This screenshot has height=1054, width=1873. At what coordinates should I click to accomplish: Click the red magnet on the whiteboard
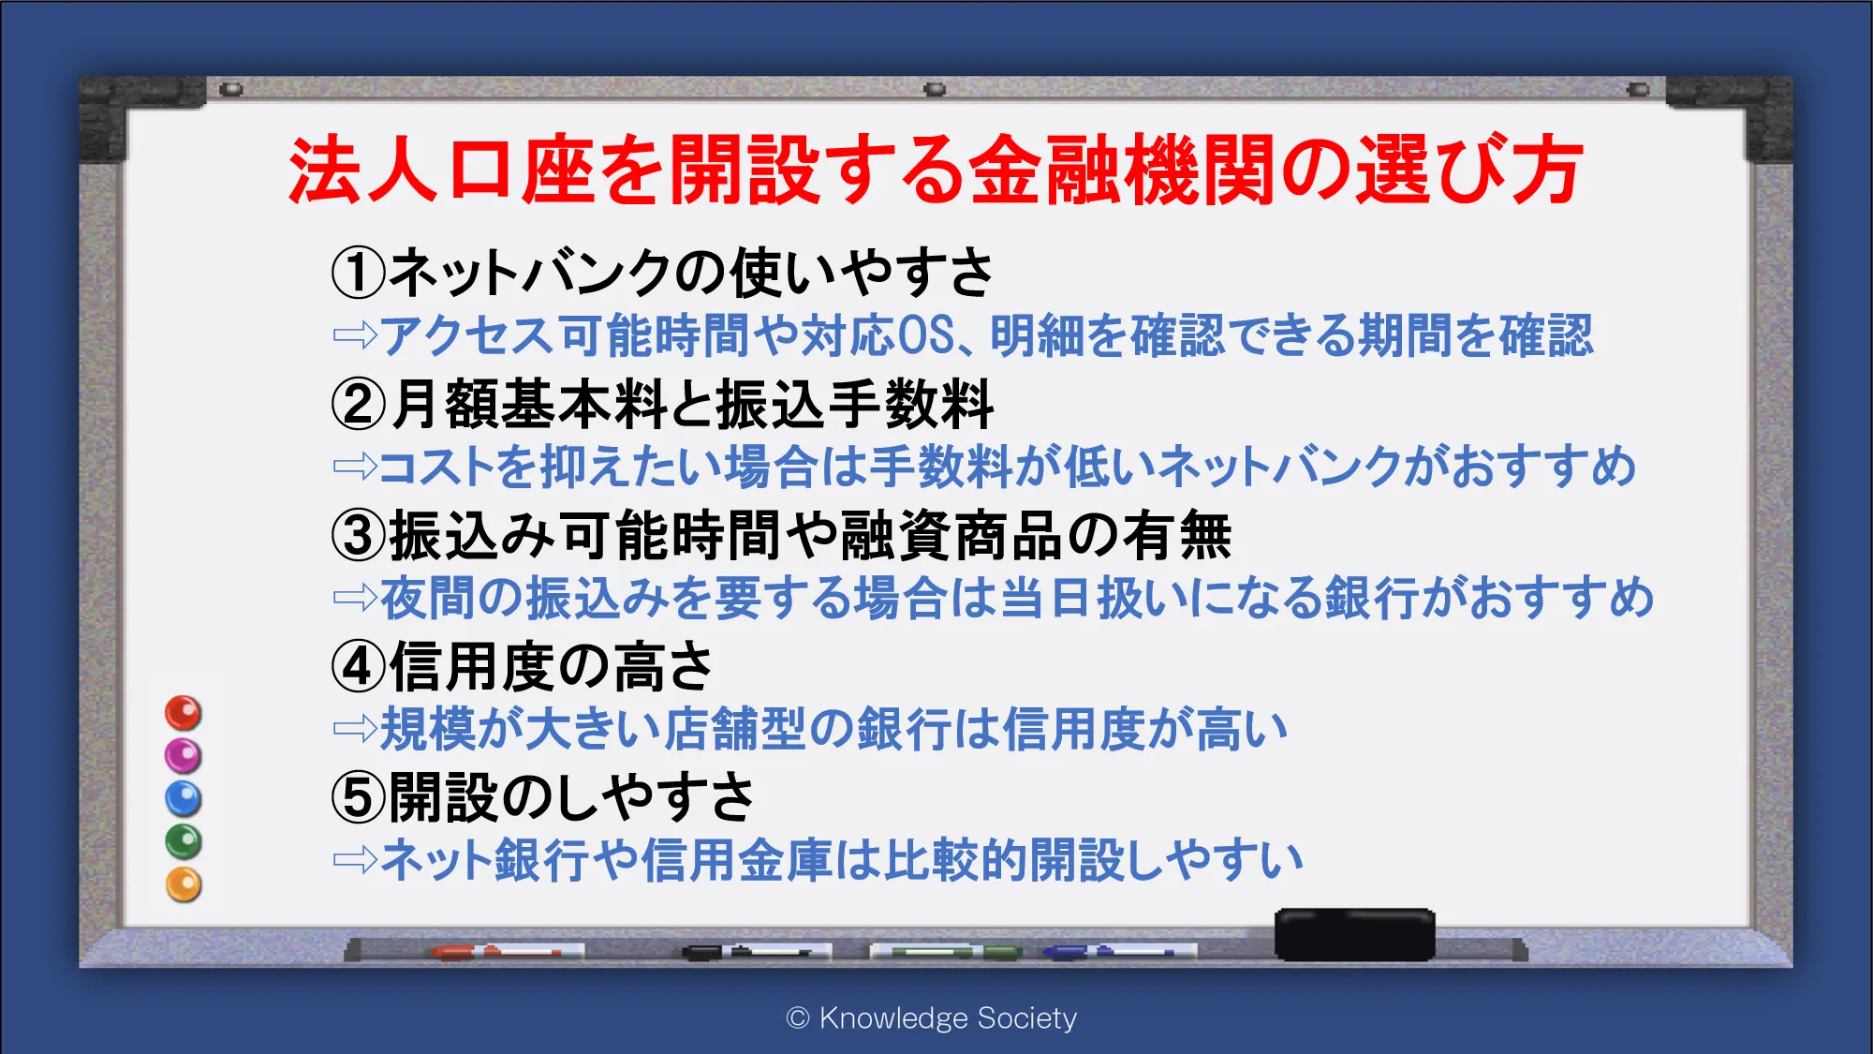(x=184, y=713)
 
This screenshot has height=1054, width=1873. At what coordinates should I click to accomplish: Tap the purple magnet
(x=184, y=755)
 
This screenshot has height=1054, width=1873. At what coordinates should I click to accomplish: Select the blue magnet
(x=184, y=798)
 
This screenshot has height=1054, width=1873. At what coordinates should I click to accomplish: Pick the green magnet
(x=184, y=841)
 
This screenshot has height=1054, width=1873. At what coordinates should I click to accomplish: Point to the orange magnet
(x=184, y=884)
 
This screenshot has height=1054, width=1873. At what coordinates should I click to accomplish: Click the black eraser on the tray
(x=1355, y=934)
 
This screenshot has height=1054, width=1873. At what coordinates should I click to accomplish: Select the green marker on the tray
(x=945, y=953)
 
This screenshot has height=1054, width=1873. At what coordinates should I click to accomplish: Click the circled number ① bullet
(x=359, y=273)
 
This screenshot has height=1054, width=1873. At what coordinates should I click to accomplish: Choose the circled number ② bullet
(x=359, y=405)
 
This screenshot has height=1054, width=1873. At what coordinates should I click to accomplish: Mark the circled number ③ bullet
(x=359, y=536)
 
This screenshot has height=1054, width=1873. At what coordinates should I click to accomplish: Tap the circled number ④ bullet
(x=359, y=667)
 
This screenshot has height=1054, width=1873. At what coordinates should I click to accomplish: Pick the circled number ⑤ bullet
(x=359, y=798)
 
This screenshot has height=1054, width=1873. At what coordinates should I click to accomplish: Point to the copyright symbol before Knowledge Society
(x=798, y=1017)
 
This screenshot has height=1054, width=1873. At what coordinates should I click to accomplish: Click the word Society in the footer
(x=1026, y=1018)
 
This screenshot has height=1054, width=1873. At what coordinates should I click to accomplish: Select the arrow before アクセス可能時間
(x=356, y=335)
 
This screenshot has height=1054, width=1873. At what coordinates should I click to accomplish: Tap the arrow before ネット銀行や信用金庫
(x=356, y=860)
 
